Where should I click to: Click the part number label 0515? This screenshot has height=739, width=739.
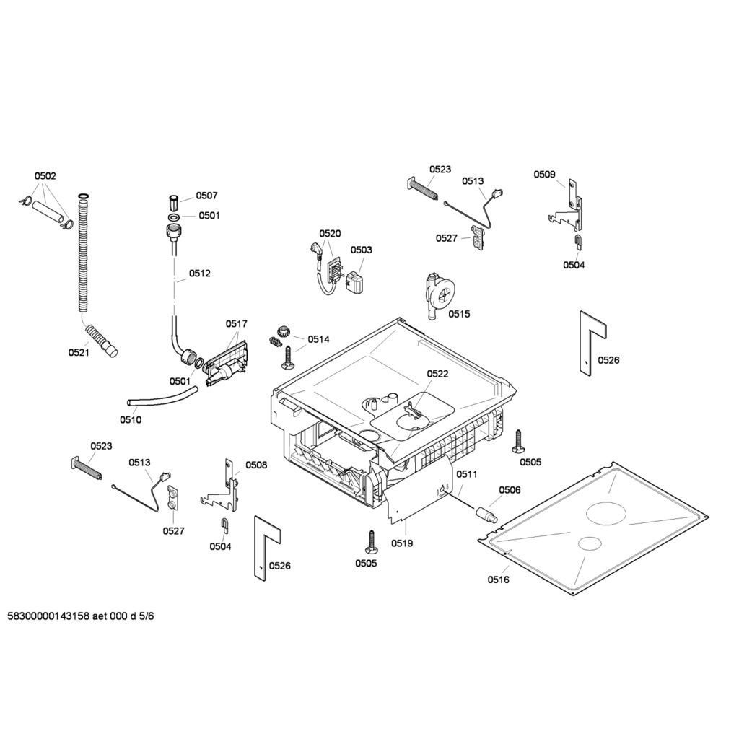click(x=459, y=314)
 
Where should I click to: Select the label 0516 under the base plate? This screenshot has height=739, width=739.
click(x=499, y=580)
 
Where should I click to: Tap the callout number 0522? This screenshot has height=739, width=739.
click(x=437, y=374)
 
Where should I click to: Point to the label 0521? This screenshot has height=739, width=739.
click(x=79, y=352)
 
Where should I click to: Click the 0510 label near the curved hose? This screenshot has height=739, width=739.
click(x=131, y=419)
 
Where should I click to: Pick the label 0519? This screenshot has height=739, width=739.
click(x=402, y=543)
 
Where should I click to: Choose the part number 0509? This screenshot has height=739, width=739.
click(x=544, y=175)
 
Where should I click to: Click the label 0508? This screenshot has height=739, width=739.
click(x=256, y=465)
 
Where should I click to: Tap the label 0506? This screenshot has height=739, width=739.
click(x=510, y=490)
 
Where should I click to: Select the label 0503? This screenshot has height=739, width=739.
click(x=361, y=250)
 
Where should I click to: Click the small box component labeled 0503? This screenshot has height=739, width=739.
click(x=357, y=282)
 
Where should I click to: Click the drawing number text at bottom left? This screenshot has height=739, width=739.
click(x=81, y=616)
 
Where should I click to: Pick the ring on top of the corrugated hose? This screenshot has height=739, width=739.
click(x=83, y=195)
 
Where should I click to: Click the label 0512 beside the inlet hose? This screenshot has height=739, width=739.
click(x=200, y=274)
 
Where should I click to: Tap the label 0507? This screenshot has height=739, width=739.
click(x=207, y=196)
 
